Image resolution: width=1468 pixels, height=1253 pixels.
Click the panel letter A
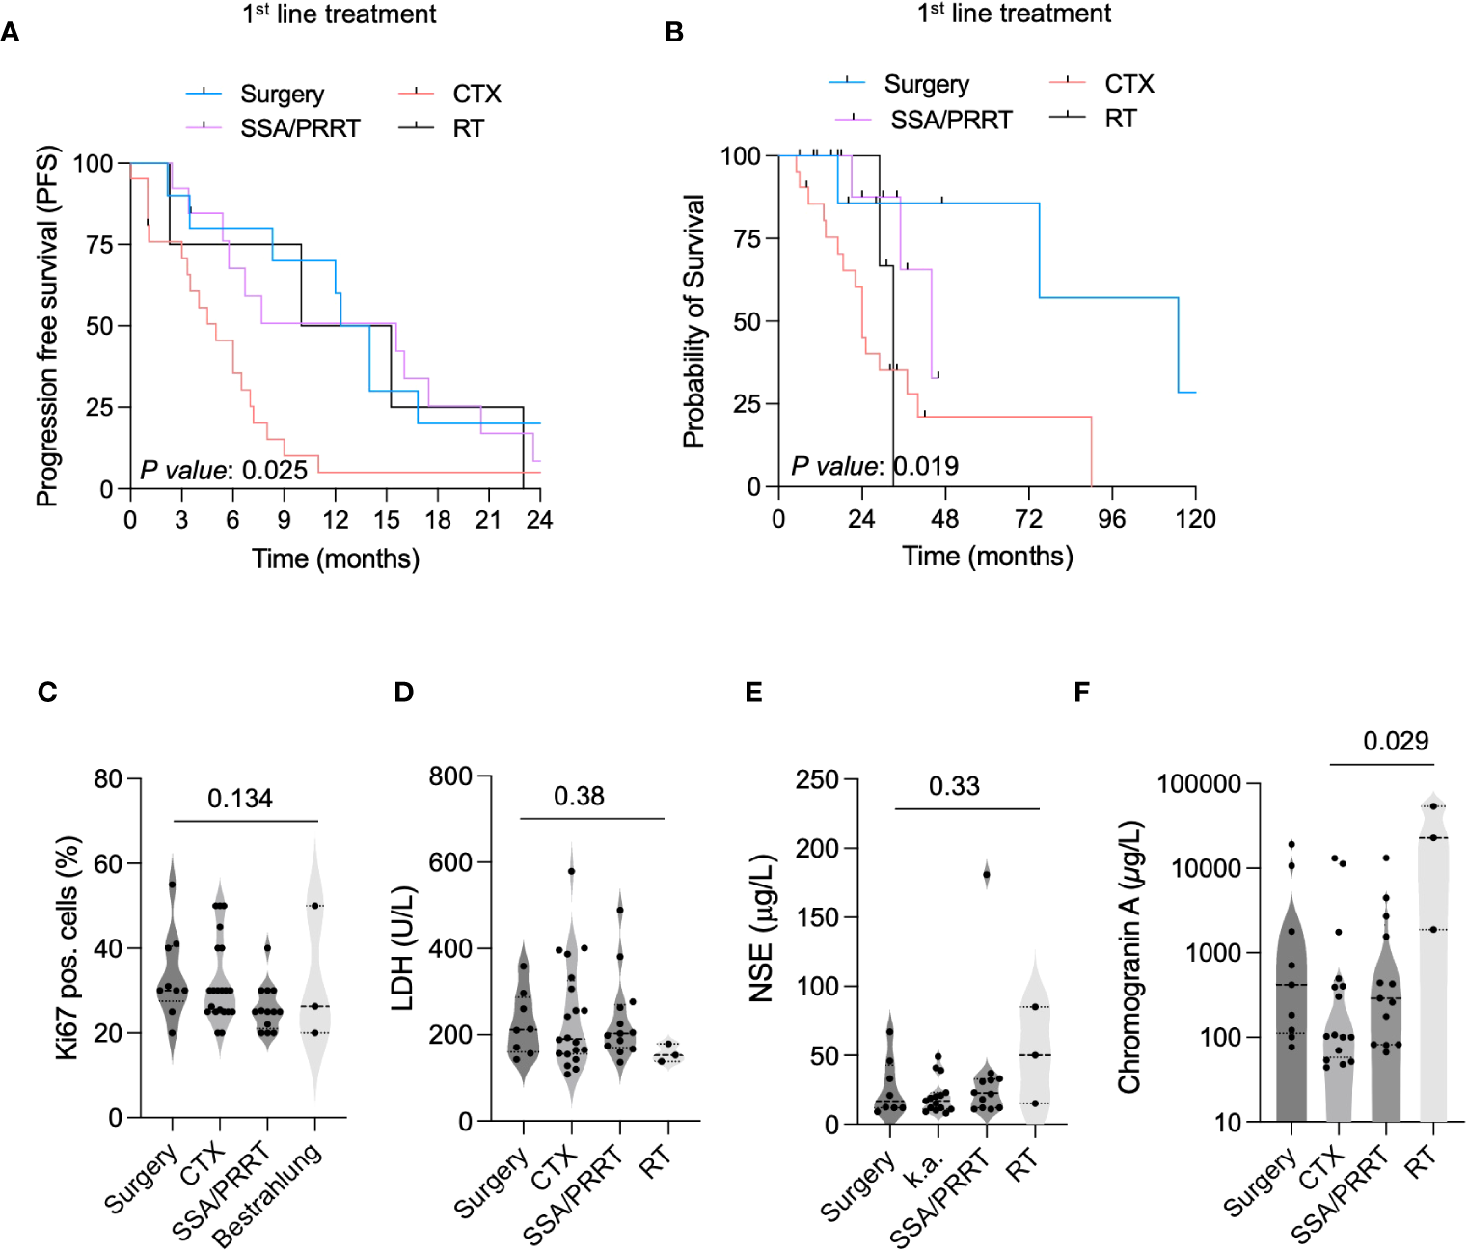[11, 33]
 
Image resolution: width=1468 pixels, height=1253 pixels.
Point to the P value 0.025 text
[224, 470]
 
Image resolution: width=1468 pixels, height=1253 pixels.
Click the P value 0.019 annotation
[875, 466]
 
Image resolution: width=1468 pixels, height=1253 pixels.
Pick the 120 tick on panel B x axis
[1195, 519]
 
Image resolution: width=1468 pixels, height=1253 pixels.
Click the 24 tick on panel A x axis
[539, 520]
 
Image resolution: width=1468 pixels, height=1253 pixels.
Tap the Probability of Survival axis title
[693, 321]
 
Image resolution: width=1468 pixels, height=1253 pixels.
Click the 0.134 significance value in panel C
[240, 799]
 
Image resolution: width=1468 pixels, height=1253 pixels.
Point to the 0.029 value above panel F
[1396, 741]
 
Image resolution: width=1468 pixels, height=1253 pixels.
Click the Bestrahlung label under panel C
[267, 1195]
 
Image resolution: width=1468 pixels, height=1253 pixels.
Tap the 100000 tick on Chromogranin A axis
[1199, 783]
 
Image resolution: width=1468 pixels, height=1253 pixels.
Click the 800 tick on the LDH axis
[450, 776]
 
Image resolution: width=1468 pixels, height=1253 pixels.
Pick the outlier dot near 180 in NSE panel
[986, 875]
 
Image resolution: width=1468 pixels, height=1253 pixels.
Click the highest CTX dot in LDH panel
[571, 871]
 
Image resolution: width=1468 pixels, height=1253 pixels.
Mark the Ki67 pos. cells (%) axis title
[68, 948]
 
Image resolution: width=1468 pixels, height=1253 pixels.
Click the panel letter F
[1081, 692]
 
